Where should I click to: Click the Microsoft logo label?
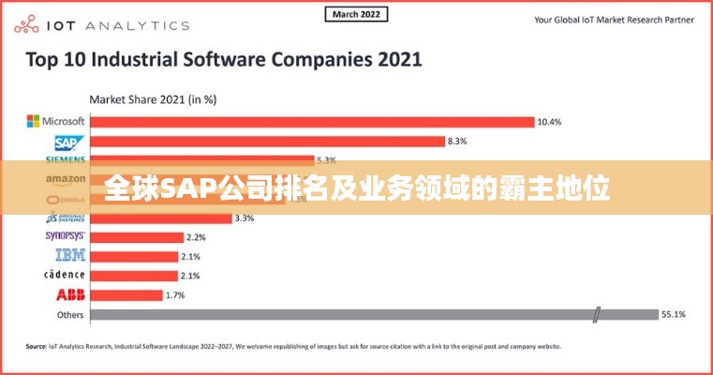(55, 121)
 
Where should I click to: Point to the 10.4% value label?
(549, 121)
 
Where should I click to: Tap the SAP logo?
(69, 142)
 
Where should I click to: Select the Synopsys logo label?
(65, 236)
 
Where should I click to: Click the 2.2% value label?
(196, 236)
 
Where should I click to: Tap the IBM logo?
(70, 255)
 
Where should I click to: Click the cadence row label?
(65, 275)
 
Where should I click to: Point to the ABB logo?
(70, 294)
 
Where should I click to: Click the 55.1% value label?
(674, 315)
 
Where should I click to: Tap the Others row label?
(70, 315)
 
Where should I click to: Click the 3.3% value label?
(244, 217)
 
